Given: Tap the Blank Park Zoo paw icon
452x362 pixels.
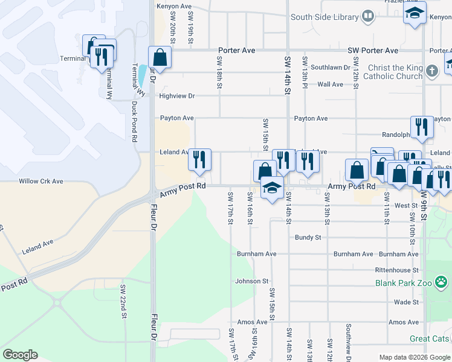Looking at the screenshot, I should tap(443, 282).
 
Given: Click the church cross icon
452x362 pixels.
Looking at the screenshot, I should tap(431, 71).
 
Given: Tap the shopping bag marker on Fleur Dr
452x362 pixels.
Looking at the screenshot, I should tap(160, 58).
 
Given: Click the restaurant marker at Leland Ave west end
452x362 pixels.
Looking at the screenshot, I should tap(199, 160).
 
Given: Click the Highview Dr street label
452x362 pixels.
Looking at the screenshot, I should tap(177, 96).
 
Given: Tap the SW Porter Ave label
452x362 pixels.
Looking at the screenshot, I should tap(373, 51).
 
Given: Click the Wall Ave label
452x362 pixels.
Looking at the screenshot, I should tap(330, 84).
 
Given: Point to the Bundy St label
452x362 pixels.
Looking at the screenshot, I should tap(308, 238).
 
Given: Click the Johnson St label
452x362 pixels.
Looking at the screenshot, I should tap(251, 281).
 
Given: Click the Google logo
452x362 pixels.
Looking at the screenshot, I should tap(20, 355).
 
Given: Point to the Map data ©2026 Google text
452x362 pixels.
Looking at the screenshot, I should tap(414, 357).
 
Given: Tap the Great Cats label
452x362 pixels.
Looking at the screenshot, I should tap(430, 339).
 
